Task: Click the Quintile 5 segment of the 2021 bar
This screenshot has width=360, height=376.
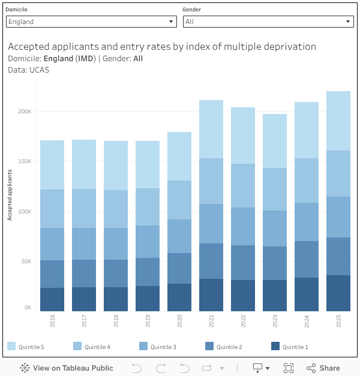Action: (211, 129)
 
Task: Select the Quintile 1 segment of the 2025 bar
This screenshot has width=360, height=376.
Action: (338, 293)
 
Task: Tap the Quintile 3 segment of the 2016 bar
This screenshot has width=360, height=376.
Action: (52, 244)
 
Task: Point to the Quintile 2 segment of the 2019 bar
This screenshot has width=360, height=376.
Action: (148, 272)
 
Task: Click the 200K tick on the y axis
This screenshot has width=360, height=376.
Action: (25, 112)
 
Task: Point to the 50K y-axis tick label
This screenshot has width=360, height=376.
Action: (26, 261)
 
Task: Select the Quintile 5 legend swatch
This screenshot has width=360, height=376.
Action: (11, 346)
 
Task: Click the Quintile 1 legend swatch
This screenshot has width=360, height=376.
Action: (275, 346)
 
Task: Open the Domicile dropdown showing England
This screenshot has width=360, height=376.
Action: (91, 22)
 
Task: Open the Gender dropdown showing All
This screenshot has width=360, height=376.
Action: (268, 22)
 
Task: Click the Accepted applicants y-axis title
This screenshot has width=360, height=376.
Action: (10, 194)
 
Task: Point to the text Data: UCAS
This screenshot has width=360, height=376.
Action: (29, 70)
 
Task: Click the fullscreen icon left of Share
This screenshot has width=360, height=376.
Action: (288, 368)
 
